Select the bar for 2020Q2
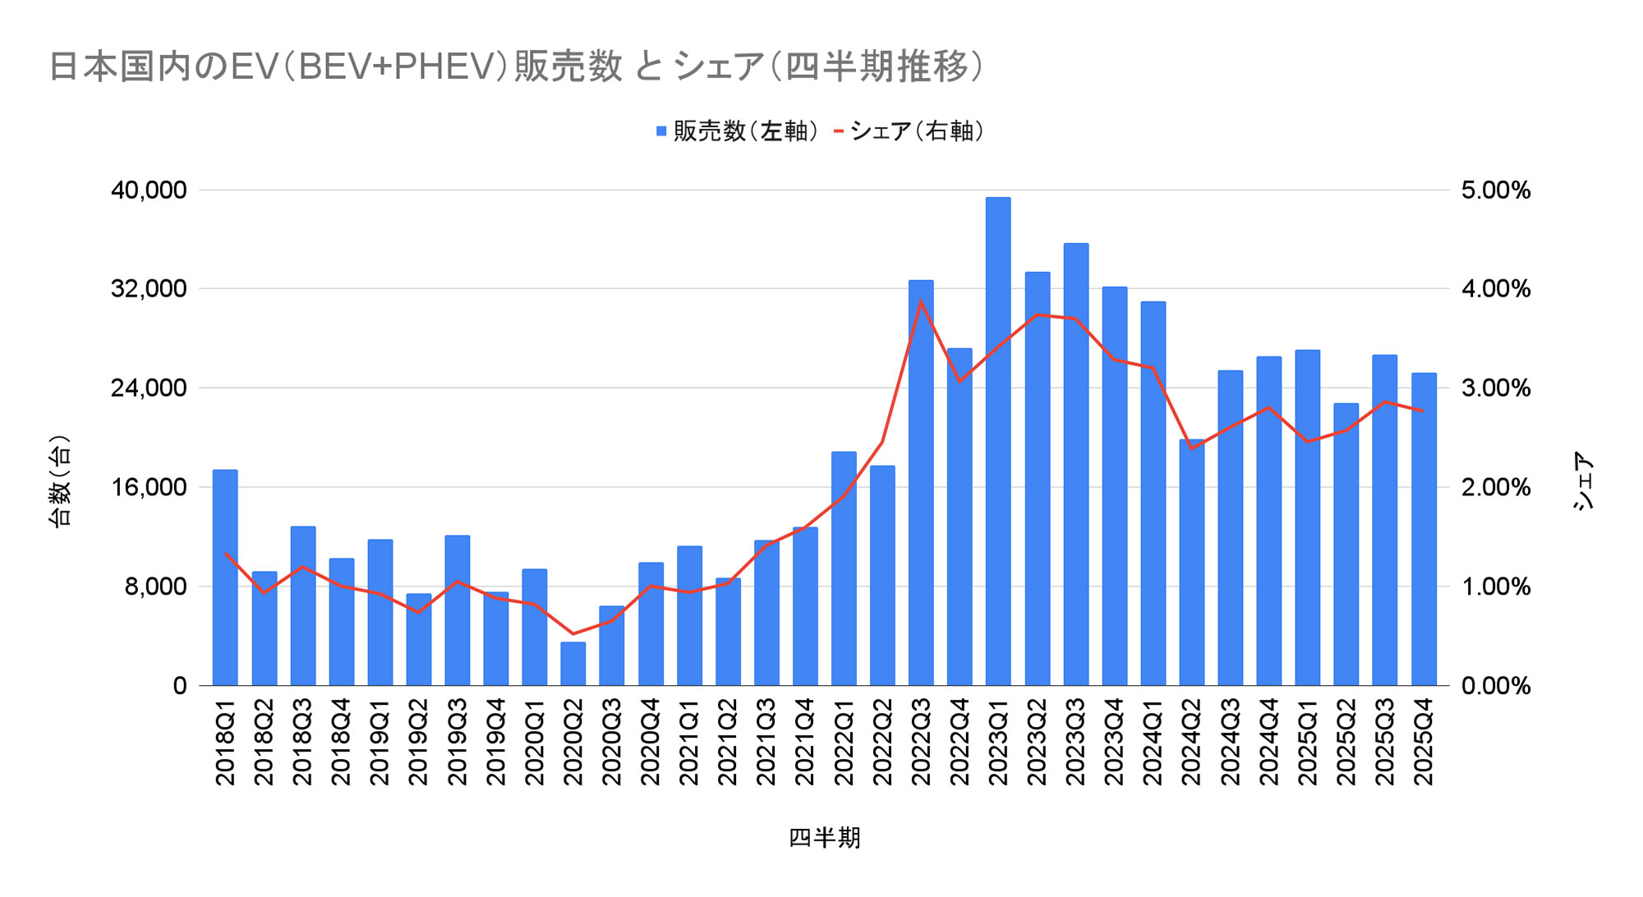tap(573, 664)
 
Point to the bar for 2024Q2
tap(1191, 563)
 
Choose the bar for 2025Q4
tap(1424, 529)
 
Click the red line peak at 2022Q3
tap(921, 301)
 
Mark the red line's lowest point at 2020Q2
tap(573, 634)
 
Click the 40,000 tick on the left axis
tap(149, 191)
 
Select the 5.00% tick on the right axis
tap(1495, 191)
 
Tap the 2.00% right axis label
tap(1495, 487)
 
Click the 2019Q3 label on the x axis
tap(458, 742)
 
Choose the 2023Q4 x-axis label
tap(1114, 742)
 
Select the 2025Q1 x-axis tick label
tap(1308, 742)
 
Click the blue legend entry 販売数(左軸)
tap(737, 131)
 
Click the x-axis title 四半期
tap(824, 838)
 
